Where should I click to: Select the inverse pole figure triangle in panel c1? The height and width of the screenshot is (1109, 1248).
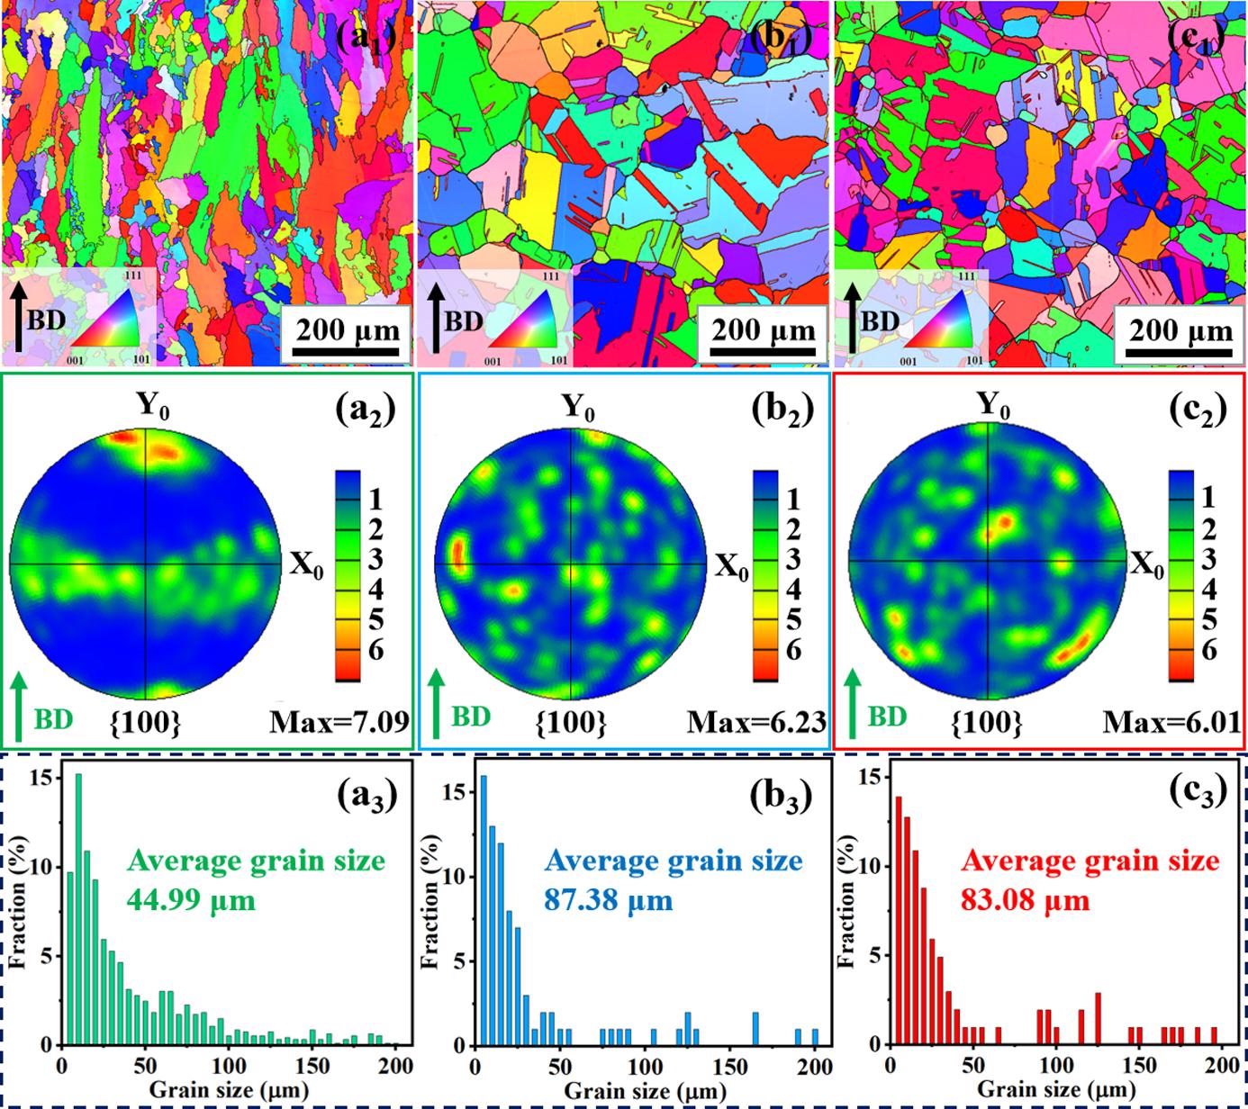point(937,329)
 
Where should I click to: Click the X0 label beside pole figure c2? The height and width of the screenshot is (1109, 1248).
point(1145,566)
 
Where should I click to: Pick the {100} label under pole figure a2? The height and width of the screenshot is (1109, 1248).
point(145,722)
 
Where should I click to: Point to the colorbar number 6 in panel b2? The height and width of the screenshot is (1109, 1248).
point(792,650)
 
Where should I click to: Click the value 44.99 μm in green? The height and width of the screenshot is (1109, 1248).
point(191,899)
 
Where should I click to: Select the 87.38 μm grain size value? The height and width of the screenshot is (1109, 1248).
point(609,899)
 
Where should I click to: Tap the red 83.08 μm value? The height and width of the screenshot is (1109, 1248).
point(1026,899)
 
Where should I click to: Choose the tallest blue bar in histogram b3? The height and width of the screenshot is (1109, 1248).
point(484,909)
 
